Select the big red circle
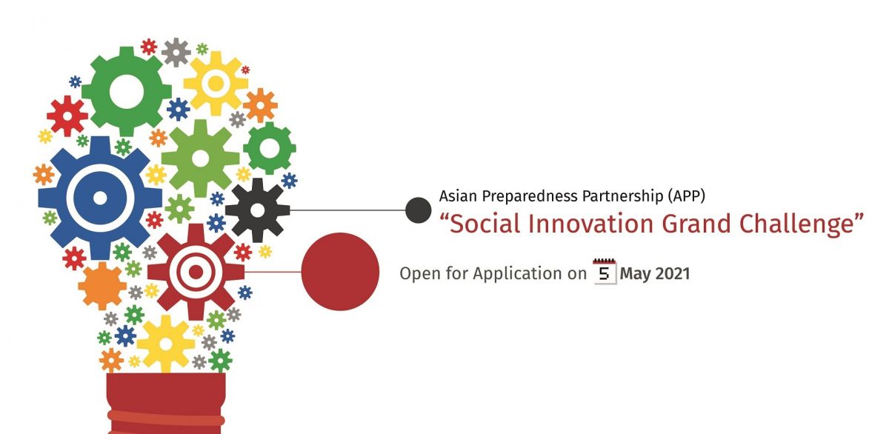(340, 272)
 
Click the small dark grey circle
(419, 210)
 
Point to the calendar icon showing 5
(605, 272)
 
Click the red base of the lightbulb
(166, 403)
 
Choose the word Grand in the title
(696, 224)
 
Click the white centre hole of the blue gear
(100, 198)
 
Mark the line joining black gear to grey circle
(347, 210)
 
